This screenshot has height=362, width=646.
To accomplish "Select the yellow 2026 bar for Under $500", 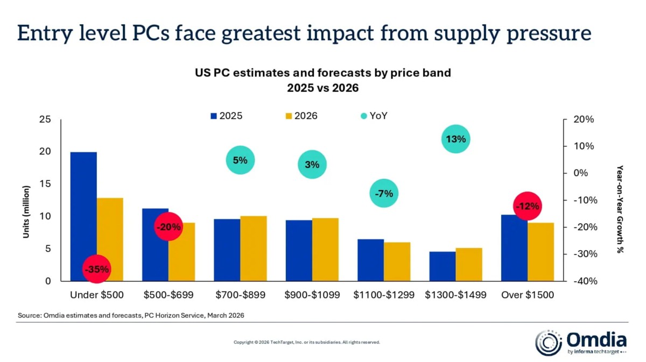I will [110, 239].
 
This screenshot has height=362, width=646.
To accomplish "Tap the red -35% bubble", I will [97, 268].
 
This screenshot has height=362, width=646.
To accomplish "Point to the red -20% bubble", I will [168, 227].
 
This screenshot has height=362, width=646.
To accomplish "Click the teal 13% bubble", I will [455, 139].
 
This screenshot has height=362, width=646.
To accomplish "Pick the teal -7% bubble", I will [384, 194].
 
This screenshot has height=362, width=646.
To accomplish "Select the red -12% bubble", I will [527, 207].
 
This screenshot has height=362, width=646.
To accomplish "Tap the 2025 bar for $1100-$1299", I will [371, 260].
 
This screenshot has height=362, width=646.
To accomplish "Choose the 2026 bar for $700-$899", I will [254, 248].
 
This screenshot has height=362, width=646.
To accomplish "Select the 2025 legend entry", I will [226, 116].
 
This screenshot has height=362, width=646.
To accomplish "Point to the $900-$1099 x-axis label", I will [312, 295].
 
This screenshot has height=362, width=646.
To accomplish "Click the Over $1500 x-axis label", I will [527, 295].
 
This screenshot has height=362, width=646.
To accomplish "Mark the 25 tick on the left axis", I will [45, 119].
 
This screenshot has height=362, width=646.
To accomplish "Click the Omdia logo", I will [581, 343].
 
